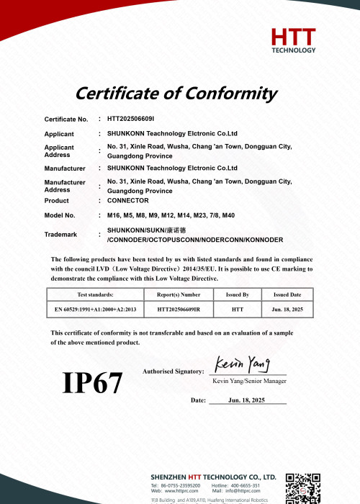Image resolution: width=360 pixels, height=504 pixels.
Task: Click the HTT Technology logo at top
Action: [293, 40]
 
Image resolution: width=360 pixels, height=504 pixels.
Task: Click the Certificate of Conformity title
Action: [176, 93]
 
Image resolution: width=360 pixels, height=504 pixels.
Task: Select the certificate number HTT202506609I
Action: [136, 119]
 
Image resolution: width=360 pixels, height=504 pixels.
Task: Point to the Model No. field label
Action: [60, 215]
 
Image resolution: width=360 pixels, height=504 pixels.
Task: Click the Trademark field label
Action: [61, 235]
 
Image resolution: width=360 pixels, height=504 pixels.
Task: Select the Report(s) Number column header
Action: [179, 294]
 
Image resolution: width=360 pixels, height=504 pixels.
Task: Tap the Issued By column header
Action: [238, 294]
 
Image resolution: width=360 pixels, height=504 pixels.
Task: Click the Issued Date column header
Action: [287, 294]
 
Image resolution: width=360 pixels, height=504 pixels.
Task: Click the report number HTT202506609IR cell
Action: [179, 309]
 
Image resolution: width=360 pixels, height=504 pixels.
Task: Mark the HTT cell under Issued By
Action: [238, 309]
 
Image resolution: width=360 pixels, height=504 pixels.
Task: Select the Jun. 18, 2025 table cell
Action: [287, 309]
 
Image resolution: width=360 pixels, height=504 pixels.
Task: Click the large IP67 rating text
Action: [93, 382]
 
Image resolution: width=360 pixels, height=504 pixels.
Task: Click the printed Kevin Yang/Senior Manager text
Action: [248, 381]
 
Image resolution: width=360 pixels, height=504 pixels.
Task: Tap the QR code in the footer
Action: [302, 488]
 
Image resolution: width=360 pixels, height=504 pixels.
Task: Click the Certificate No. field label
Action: [66, 119]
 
